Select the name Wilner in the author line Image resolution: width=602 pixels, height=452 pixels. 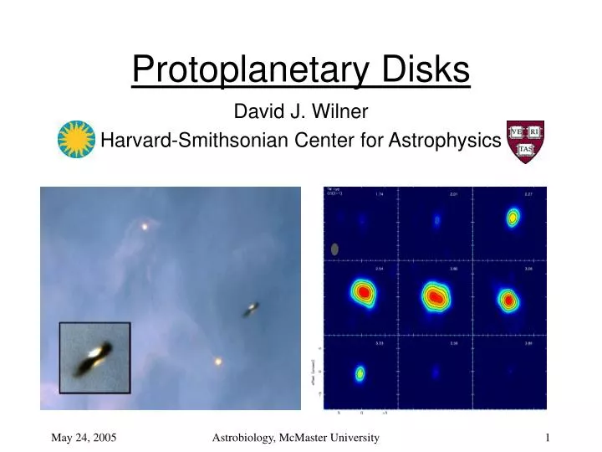[344, 111]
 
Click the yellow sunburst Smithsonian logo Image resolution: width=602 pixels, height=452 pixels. [76, 139]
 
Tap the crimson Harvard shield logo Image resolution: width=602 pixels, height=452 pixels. [525, 141]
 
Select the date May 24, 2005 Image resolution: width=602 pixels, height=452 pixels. [84, 437]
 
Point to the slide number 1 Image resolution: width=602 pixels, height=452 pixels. [547, 437]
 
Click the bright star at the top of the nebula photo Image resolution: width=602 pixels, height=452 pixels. [145, 226]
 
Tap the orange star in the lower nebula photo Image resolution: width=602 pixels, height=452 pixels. [218, 362]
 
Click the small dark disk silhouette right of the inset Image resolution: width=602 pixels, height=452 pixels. [251, 310]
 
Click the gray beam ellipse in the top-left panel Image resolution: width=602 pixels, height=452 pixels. [335, 249]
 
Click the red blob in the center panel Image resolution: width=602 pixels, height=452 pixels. [435, 295]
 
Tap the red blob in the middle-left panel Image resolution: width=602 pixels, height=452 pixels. [364, 292]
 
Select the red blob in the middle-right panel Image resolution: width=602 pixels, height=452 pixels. [508, 299]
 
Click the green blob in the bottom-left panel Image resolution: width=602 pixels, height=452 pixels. [360, 373]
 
